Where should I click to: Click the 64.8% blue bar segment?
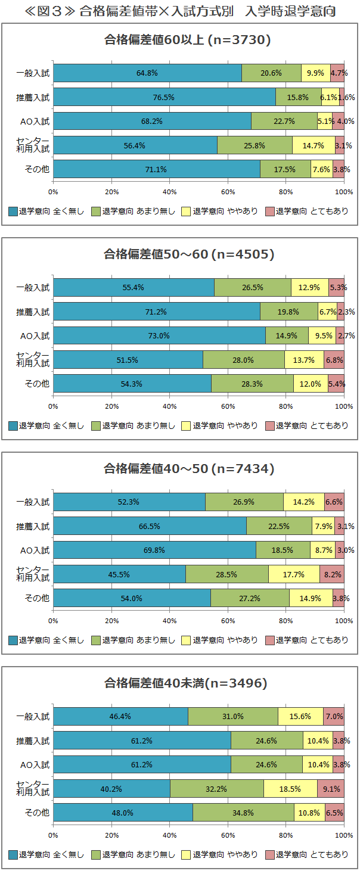[x=147, y=73]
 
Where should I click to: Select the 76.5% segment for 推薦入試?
[x=164, y=97]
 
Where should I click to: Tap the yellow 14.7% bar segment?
[x=314, y=145]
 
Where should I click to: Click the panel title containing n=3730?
[x=188, y=40]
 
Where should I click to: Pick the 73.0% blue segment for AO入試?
[x=159, y=335]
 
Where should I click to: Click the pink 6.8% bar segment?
[x=334, y=359]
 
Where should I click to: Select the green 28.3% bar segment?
[x=252, y=383]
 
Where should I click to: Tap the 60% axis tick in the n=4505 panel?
[x=228, y=406]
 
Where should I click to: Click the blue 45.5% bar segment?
[x=119, y=574]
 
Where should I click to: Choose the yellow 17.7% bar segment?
[x=294, y=574]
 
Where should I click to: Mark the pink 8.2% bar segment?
[x=332, y=574]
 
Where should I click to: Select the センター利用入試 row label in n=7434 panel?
[x=33, y=574]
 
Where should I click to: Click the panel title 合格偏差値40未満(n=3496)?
[x=185, y=683]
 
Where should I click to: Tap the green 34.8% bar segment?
[x=243, y=812]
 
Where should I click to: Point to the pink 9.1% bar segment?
[x=331, y=788]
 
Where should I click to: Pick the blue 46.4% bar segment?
[x=120, y=717]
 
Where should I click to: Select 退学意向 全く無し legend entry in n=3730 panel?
[x=46, y=211]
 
